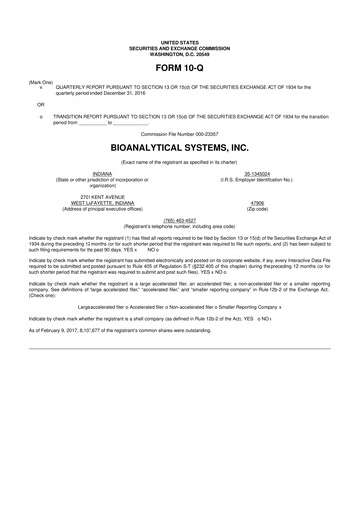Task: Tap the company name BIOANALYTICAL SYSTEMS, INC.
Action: tap(180, 144)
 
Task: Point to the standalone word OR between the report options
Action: tap(41, 102)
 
